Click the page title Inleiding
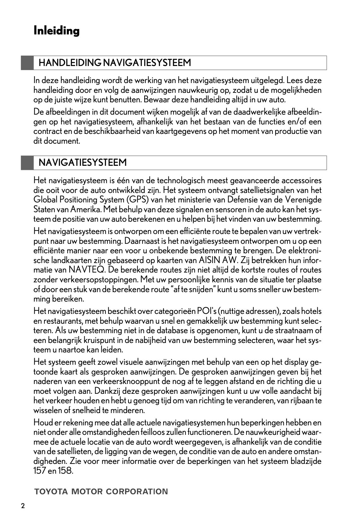pyautogui.click(x=56, y=31)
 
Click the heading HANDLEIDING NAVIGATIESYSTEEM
pyautogui.click(x=115, y=63)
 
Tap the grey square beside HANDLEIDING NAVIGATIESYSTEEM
pyautogui.click(x=27, y=63)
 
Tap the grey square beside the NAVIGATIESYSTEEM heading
pyautogui.click(x=27, y=163)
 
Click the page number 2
pyautogui.click(x=23, y=506)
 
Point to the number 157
pyautogui.click(x=39, y=471)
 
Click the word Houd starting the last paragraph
pyautogui.click(x=42, y=423)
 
